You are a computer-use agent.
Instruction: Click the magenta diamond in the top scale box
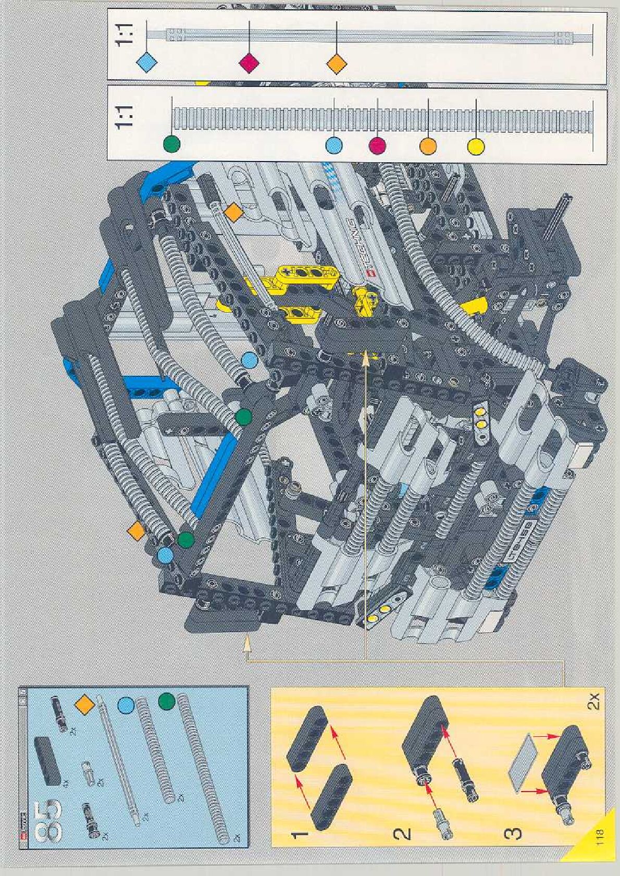tap(249, 63)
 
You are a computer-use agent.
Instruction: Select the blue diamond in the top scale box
tap(146, 63)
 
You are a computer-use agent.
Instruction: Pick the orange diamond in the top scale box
tap(337, 63)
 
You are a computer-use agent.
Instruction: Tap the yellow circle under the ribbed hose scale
tap(476, 146)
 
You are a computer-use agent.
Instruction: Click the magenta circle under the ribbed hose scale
tap(377, 146)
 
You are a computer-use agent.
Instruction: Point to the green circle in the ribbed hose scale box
tap(171, 143)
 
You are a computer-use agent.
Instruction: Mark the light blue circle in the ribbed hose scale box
tap(333, 145)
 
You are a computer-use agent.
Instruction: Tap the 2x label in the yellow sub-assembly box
tap(594, 701)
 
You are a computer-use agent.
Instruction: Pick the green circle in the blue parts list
tap(167, 700)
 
